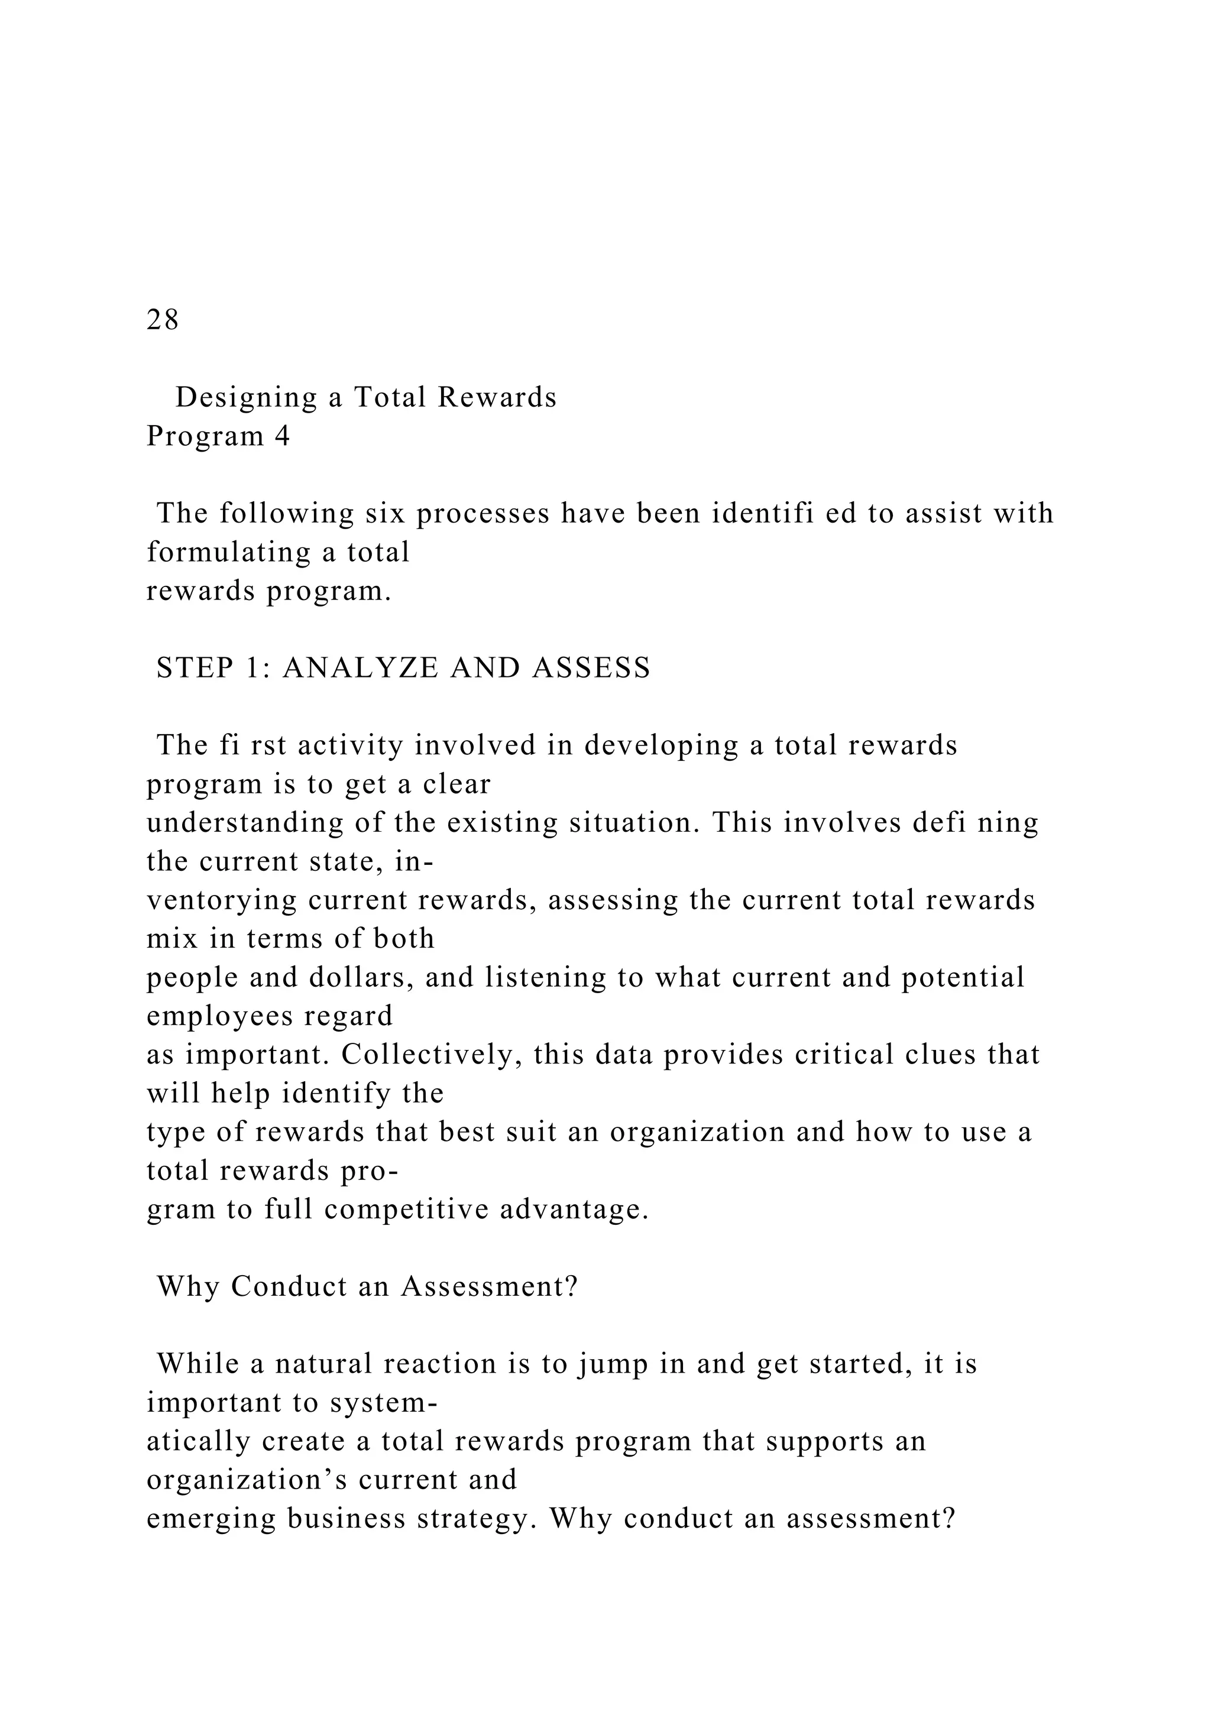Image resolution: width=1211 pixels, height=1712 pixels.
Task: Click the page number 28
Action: click(163, 320)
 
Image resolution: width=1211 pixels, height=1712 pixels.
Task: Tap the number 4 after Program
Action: click(282, 436)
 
